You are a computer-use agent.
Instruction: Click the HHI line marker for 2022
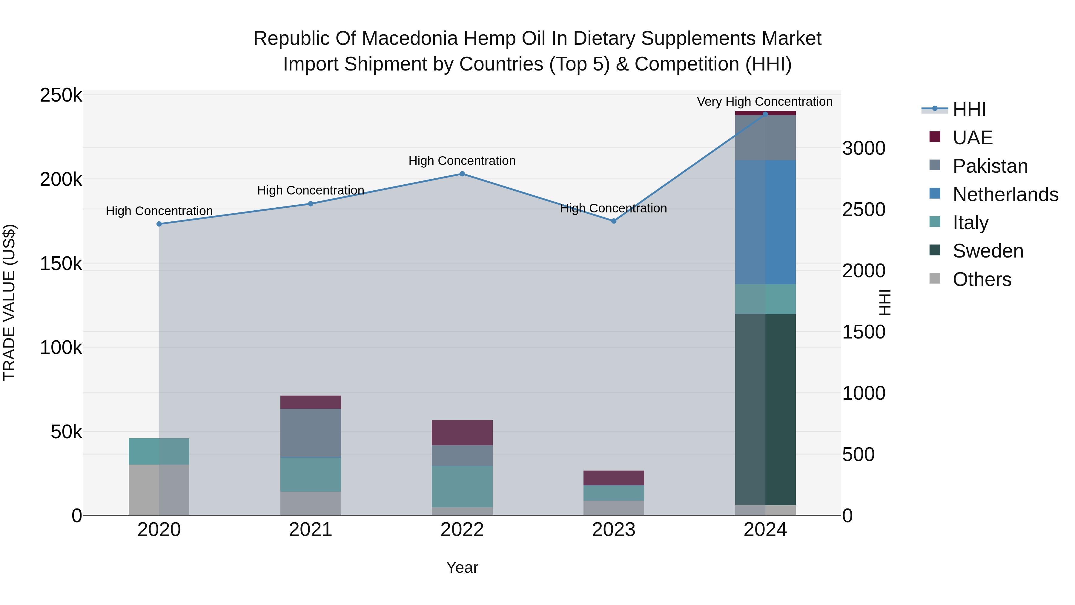click(x=462, y=174)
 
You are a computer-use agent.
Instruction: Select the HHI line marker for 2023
click(x=613, y=221)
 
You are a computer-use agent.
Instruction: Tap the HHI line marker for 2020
click(x=159, y=224)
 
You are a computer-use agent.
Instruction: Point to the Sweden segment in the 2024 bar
click(x=765, y=409)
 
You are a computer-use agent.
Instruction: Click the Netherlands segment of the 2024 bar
click(x=765, y=222)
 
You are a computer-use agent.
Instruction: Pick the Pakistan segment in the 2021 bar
click(x=311, y=433)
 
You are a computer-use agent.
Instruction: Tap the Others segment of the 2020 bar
click(x=159, y=489)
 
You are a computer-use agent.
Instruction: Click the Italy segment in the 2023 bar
click(x=613, y=493)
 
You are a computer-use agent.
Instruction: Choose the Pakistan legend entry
click(x=990, y=166)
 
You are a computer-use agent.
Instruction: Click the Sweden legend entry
click(x=988, y=251)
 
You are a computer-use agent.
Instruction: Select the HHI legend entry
click(x=969, y=109)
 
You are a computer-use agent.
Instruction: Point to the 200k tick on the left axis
click(x=61, y=180)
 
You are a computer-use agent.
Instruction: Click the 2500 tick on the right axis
click(x=863, y=210)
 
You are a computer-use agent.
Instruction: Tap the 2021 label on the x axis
click(x=311, y=530)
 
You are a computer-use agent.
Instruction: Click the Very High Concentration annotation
click(x=764, y=102)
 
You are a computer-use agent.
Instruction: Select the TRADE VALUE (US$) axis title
click(x=9, y=302)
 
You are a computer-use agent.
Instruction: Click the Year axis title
click(x=462, y=567)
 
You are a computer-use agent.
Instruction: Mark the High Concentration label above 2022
click(x=462, y=161)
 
